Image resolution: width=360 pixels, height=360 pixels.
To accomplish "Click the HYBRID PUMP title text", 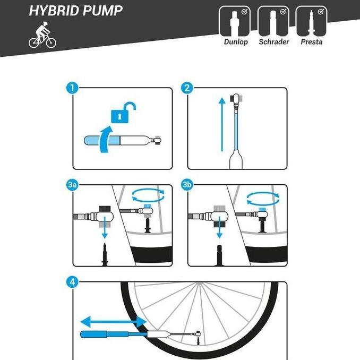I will tap(75, 11).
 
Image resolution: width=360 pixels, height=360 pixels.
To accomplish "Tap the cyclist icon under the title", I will tap(42, 38).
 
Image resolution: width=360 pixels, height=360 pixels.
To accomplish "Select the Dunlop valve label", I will tap(236, 42).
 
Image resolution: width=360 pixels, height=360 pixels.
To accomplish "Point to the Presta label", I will tap(311, 42).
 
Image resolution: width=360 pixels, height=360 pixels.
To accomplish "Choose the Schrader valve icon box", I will tap(273, 21).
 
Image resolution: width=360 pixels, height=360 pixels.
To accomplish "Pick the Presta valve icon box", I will tap(311, 21).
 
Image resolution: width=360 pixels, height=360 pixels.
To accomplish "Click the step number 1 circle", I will tap(72, 88).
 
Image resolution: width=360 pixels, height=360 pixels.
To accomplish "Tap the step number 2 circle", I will tap(186, 88).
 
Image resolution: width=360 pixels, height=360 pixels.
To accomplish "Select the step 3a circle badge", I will tap(72, 185).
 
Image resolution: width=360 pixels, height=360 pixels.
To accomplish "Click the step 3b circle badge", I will tap(187, 185).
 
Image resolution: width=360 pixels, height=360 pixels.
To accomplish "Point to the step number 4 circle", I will tap(72, 282).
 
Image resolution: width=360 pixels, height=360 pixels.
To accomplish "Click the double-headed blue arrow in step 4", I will tap(113, 321).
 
